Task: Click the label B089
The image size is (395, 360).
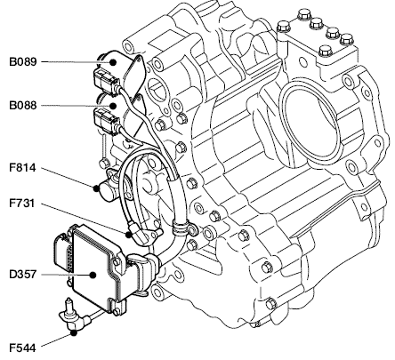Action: click(x=23, y=62)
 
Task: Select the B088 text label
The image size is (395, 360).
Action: click(x=23, y=106)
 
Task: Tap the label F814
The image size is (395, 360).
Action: click(x=22, y=168)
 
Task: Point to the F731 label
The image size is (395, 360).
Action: click(x=22, y=204)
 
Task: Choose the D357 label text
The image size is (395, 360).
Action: click(x=23, y=275)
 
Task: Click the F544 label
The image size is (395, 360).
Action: click(x=22, y=348)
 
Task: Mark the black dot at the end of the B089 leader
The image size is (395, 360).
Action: click(x=113, y=62)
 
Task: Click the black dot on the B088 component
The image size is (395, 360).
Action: click(x=113, y=106)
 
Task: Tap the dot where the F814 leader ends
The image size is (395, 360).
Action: click(x=96, y=188)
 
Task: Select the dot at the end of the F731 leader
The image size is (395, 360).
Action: click(x=129, y=235)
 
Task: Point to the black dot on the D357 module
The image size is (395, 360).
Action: click(x=93, y=275)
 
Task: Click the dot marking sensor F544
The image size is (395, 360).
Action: click(x=74, y=333)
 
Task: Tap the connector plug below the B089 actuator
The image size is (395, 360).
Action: click(x=106, y=81)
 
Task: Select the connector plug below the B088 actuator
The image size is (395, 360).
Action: click(x=106, y=122)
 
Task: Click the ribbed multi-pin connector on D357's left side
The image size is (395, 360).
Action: click(x=63, y=252)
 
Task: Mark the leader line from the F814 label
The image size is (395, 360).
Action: click(x=68, y=178)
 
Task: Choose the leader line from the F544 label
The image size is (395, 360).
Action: click(x=57, y=340)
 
